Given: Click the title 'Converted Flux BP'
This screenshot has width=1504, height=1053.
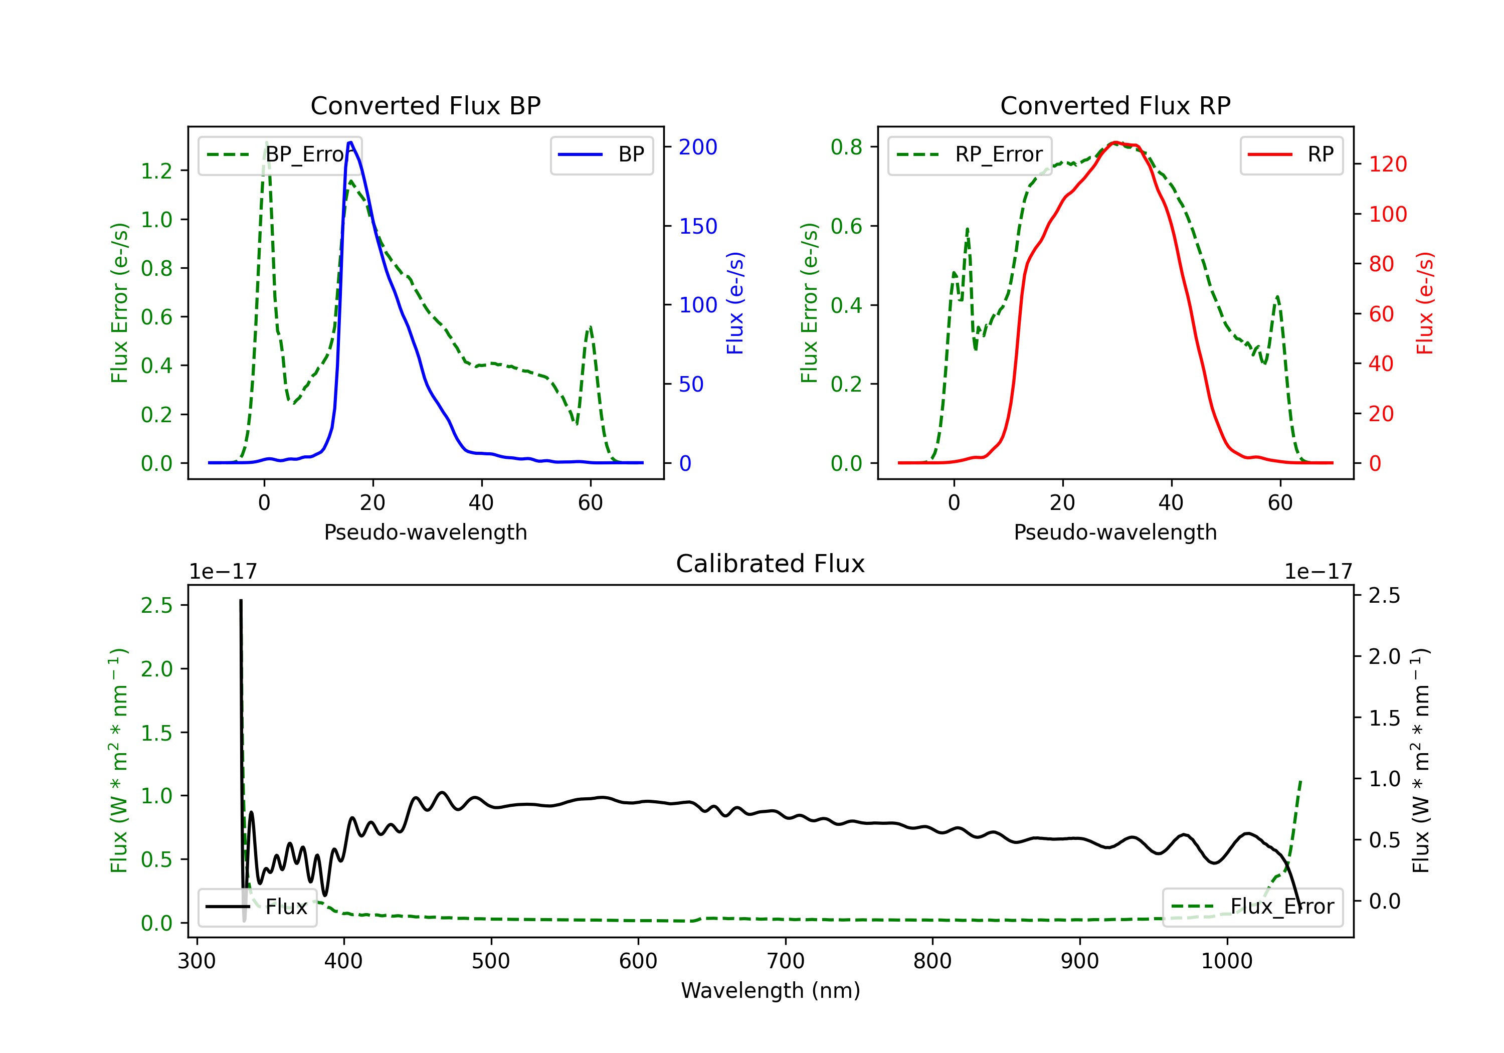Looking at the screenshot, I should (x=425, y=105).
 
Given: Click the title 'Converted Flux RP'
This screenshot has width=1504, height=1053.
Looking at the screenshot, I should (x=1115, y=105).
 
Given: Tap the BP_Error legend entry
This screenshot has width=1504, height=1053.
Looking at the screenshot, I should (x=280, y=154).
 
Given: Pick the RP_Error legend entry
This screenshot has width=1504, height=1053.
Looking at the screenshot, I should (x=970, y=154).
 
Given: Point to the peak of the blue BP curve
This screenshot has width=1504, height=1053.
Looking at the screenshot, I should (x=350, y=142).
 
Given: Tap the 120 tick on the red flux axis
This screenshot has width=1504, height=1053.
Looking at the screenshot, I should (x=1387, y=164).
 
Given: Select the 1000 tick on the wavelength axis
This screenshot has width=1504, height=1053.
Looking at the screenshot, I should (x=1226, y=961).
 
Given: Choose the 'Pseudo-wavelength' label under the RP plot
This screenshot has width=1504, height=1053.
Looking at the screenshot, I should (x=1115, y=532).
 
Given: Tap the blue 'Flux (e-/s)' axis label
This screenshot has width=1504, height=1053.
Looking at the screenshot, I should (x=735, y=303).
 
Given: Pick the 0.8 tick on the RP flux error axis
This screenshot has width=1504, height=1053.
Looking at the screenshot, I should (x=846, y=147).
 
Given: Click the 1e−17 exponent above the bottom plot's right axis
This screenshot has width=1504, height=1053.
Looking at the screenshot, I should (x=1318, y=572).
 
